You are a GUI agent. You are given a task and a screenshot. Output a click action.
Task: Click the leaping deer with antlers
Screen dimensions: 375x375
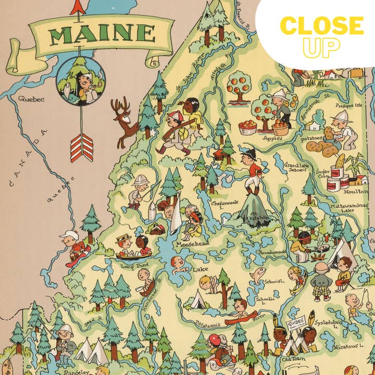click(x=125, y=122)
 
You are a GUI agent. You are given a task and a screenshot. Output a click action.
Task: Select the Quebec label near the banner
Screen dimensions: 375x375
click(x=31, y=98)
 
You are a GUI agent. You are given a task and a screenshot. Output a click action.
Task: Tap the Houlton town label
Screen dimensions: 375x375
click(x=355, y=192)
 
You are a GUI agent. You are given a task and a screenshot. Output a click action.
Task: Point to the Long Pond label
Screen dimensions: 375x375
click(x=134, y=266)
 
